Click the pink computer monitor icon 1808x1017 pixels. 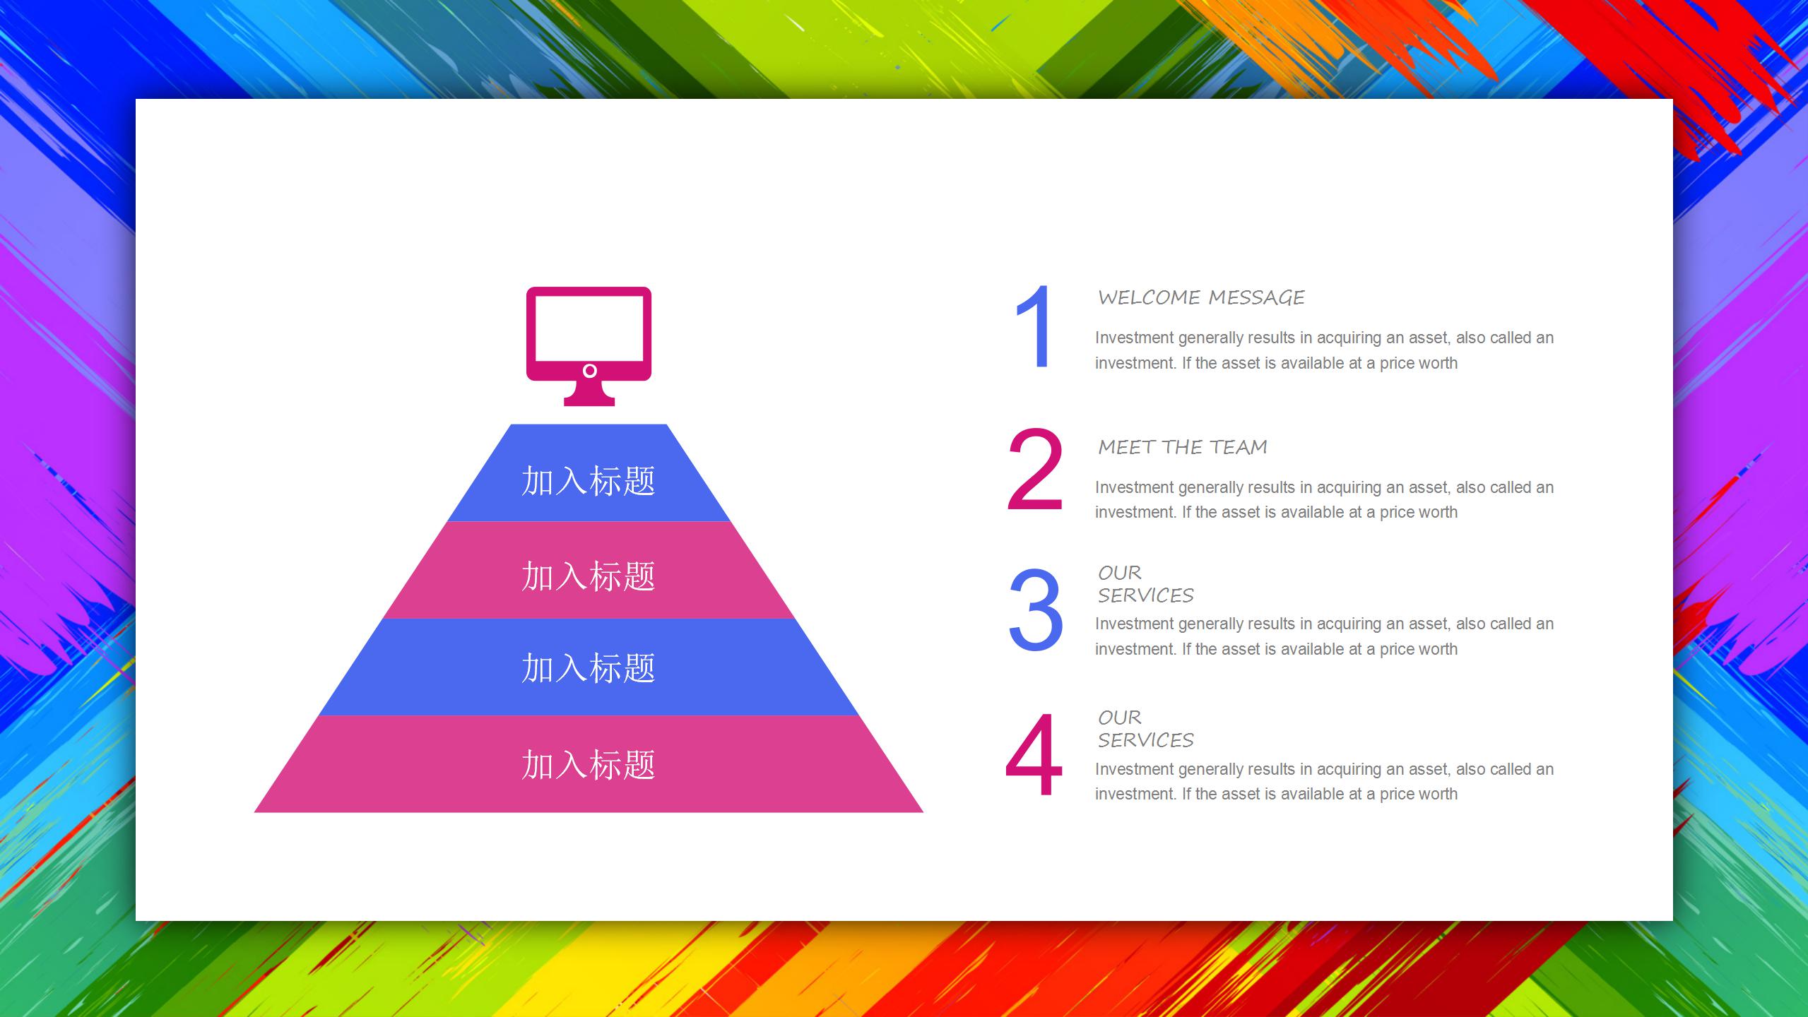click(x=589, y=346)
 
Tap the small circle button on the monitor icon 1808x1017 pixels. click(x=590, y=371)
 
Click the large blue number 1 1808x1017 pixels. click(x=1034, y=326)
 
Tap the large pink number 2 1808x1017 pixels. click(x=1035, y=469)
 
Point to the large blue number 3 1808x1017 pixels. click(x=1036, y=609)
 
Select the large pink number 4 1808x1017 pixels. click(x=1034, y=754)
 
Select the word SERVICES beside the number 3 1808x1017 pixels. click(x=1145, y=595)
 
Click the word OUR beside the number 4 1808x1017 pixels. click(x=1120, y=718)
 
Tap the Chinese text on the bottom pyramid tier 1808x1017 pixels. click(x=589, y=765)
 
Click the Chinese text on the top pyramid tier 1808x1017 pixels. click(x=589, y=481)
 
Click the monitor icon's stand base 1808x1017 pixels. click(x=589, y=401)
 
